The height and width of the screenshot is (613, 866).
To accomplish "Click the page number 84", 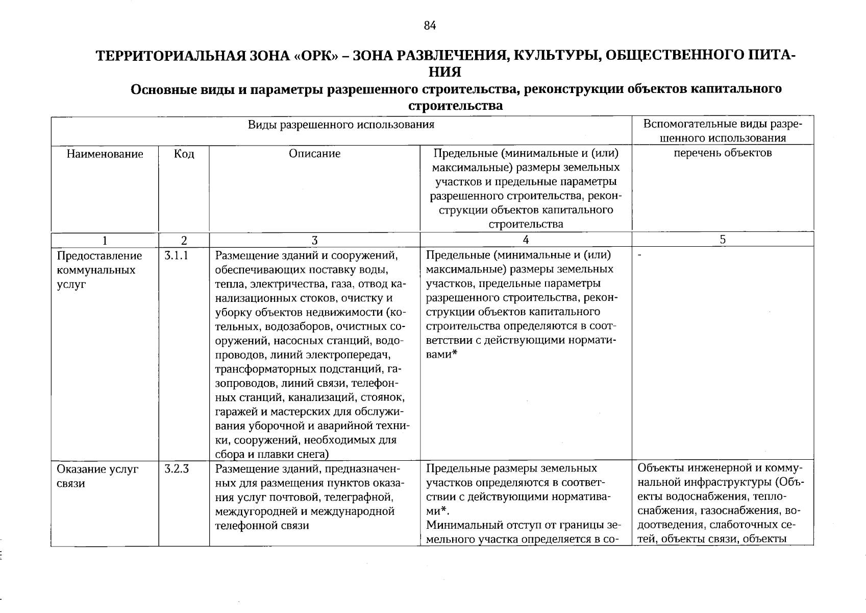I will (x=430, y=26).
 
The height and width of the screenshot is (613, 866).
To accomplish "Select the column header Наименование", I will (x=105, y=154).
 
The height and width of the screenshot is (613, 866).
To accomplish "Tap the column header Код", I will (x=184, y=154).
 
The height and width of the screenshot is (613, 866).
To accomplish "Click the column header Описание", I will (x=314, y=154).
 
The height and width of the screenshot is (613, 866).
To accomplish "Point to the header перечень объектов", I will (x=723, y=153).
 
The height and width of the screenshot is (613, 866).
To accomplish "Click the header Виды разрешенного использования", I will (x=341, y=125).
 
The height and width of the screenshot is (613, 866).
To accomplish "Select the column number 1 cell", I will (x=105, y=240).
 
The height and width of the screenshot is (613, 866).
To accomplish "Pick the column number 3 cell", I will (x=314, y=240).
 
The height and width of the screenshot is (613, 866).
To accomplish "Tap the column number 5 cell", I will (x=723, y=240).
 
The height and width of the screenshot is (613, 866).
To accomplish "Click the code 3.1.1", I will (x=177, y=255).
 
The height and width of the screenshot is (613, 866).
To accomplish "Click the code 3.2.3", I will (x=177, y=469).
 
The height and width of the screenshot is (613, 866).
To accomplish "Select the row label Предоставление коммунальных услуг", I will (x=99, y=270).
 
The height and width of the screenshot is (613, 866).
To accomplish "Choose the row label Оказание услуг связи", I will (x=97, y=476).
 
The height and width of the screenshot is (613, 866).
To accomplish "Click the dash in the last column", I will (x=640, y=255).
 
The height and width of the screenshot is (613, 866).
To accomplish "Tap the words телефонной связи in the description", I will (x=262, y=525).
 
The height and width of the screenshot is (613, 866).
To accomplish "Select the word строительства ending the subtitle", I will (x=456, y=106).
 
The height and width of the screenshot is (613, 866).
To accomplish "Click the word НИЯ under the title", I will (x=445, y=71).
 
